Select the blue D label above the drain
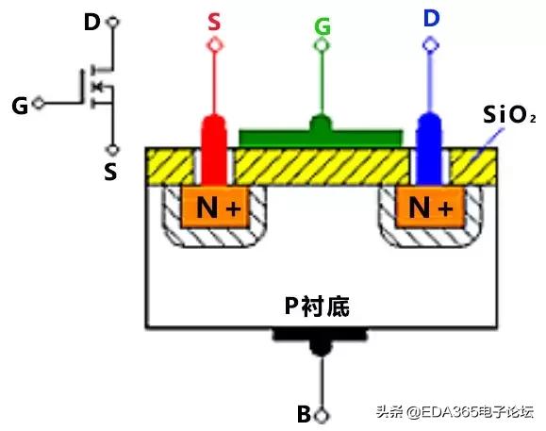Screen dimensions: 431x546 (x=430, y=19)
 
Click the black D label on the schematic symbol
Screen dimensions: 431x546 (x=91, y=20)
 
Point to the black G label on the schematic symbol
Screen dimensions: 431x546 (x=20, y=104)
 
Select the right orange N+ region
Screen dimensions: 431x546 (x=430, y=207)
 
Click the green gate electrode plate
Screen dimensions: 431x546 (x=322, y=138)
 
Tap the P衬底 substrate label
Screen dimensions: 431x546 (x=321, y=307)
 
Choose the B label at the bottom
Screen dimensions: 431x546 (x=304, y=414)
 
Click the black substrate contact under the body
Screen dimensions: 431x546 (x=322, y=337)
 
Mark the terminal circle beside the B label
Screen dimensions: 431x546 (x=322, y=414)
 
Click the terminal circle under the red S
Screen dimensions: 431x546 (x=216, y=43)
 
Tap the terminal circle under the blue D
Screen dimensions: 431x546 (x=430, y=43)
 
